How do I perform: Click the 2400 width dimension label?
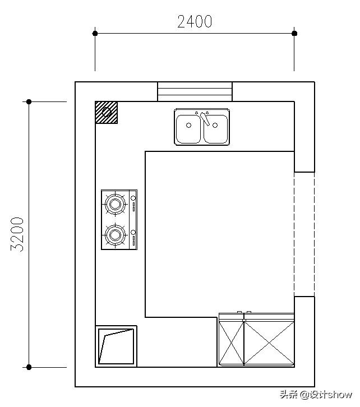coord(195,21)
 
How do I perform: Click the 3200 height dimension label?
coord(17,234)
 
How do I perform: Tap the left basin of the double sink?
coord(188,129)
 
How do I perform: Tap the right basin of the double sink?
coord(216,129)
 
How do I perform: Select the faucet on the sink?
coord(205,118)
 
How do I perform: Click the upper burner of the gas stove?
coord(115,204)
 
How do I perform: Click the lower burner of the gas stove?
coord(115,235)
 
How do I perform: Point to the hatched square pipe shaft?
coord(107,112)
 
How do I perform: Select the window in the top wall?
coord(195,91)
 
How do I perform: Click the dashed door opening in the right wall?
coord(304,234)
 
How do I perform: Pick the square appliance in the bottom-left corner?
coord(116,346)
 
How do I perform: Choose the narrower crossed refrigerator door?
coord(231,343)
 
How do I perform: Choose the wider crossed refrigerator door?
coord(269,343)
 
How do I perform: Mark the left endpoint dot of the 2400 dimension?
coord(95,33)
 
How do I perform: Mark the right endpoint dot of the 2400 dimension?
coord(294,33)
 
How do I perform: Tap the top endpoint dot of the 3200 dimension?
coord(29,102)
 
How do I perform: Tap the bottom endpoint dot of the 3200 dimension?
coord(29,367)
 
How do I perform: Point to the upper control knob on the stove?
coord(133,198)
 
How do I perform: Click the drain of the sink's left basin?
coord(189,126)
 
